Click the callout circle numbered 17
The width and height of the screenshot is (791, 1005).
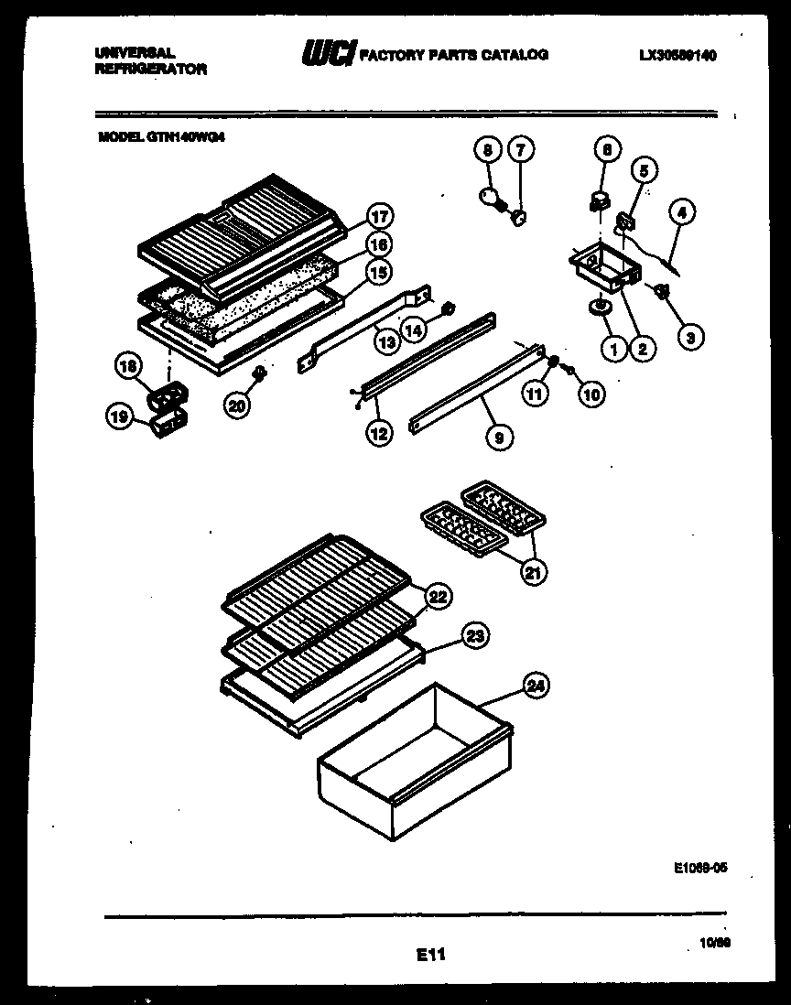379,218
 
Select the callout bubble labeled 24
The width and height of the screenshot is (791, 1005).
536,685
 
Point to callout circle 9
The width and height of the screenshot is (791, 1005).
498,438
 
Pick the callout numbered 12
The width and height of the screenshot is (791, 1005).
378,434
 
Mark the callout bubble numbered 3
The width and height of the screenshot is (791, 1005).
691,336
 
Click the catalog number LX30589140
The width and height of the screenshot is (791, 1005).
677,56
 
